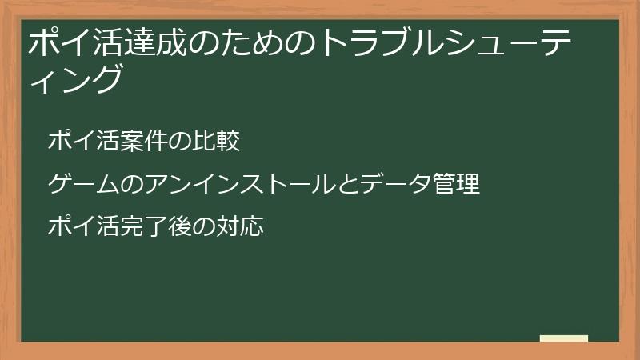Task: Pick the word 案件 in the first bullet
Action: pyautogui.click(x=146, y=142)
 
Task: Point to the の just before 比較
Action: pyautogui.click(x=182, y=142)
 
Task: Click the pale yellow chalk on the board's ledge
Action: pyautogui.click(x=564, y=338)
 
